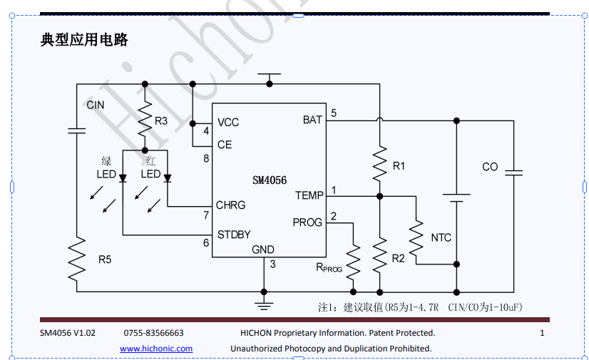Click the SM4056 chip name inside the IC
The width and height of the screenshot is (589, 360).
click(x=269, y=181)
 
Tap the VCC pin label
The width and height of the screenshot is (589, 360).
click(x=228, y=123)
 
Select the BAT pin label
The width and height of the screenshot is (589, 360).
click(x=312, y=120)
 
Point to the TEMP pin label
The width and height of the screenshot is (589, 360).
click(x=309, y=195)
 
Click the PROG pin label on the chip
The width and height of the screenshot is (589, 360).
click(x=307, y=222)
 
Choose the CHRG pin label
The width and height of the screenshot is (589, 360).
click(x=230, y=205)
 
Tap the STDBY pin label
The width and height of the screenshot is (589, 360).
click(x=234, y=235)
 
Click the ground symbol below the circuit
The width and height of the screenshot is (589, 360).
click(x=265, y=304)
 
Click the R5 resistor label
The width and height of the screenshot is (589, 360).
click(x=105, y=259)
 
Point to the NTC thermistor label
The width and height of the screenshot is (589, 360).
click(x=441, y=237)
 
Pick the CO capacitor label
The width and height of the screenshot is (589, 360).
click(x=490, y=167)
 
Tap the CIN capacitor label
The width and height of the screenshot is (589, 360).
click(x=95, y=105)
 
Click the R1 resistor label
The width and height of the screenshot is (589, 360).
click(x=399, y=166)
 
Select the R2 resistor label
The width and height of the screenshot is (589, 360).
click(x=398, y=258)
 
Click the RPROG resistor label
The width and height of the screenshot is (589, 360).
click(x=329, y=268)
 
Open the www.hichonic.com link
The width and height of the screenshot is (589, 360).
click(x=156, y=349)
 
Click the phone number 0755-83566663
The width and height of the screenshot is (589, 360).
click(x=154, y=333)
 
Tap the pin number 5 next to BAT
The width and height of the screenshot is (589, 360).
click(x=334, y=113)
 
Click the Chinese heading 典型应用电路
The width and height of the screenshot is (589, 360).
click(x=84, y=40)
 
